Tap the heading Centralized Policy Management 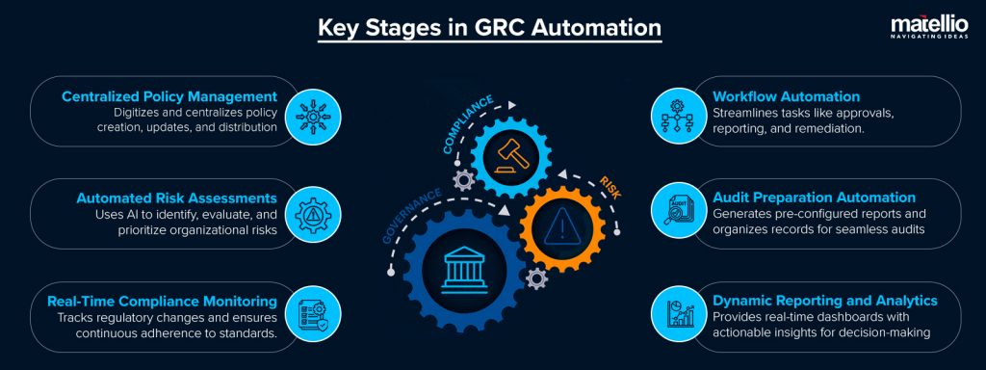coord(169,96)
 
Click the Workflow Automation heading coord(786,96)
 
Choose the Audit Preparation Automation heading coord(814,198)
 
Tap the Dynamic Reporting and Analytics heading coord(824,302)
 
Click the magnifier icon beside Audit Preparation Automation coord(672,215)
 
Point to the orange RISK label coord(609,186)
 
